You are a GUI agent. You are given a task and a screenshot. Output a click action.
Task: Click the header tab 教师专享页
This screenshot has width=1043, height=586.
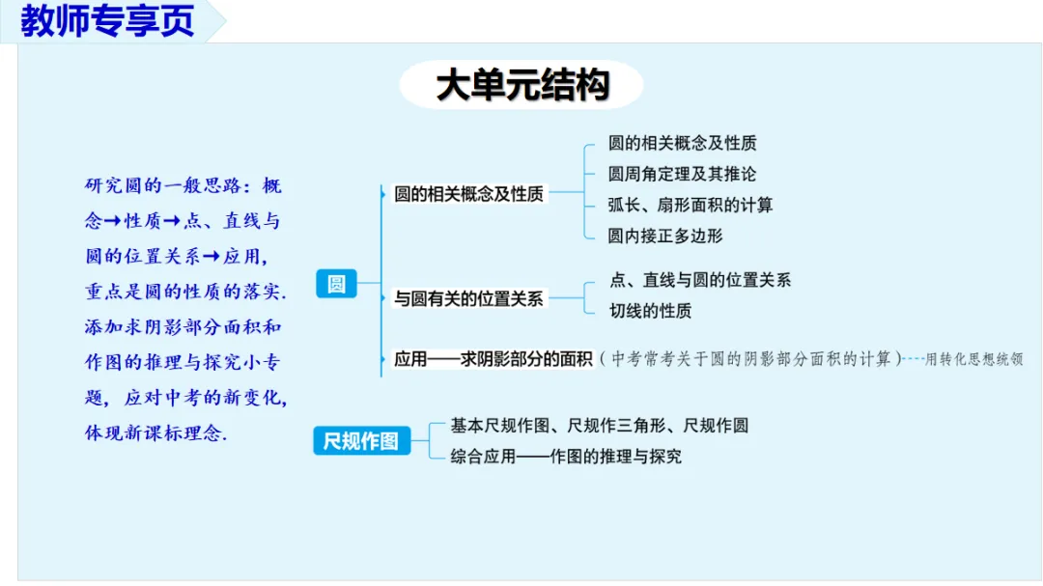tap(107, 21)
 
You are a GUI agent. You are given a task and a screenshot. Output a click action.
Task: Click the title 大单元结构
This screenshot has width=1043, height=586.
tap(521, 85)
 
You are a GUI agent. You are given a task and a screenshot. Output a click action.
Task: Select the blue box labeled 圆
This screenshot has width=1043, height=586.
tap(336, 284)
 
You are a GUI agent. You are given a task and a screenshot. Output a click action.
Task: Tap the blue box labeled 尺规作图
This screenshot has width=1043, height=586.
tap(360, 441)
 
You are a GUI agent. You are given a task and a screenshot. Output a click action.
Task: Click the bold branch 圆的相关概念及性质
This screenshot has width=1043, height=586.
tap(468, 194)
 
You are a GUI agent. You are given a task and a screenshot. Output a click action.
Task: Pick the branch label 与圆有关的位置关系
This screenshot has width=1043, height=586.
tap(468, 299)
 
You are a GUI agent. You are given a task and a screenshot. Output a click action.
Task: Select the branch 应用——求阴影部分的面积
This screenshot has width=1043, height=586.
tap(493, 359)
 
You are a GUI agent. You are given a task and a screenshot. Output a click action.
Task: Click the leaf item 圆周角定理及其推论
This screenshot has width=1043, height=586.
tap(682, 174)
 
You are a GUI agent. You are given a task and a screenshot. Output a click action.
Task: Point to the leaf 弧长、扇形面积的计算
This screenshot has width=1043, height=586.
tap(690, 205)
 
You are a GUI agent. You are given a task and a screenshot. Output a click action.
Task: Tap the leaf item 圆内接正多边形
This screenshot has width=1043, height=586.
tap(664, 236)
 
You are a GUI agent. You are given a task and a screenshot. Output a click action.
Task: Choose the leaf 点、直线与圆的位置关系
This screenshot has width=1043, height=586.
tap(700, 280)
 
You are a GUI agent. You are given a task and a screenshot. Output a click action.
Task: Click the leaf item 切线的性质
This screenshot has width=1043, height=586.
tap(650, 311)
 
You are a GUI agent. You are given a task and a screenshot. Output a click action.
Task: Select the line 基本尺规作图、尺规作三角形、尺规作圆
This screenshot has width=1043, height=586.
tap(599, 426)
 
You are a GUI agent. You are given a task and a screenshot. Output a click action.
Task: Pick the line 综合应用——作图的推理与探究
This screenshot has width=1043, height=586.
tap(566, 456)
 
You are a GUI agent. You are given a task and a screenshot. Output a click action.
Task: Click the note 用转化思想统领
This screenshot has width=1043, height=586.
tap(973, 359)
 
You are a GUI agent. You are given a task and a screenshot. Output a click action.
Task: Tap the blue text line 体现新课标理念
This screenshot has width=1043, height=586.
tap(155, 433)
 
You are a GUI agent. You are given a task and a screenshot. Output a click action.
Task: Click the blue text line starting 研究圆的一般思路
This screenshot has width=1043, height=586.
tap(183, 185)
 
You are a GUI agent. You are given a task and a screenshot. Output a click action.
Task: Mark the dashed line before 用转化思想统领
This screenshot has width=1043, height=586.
tap(913, 359)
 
